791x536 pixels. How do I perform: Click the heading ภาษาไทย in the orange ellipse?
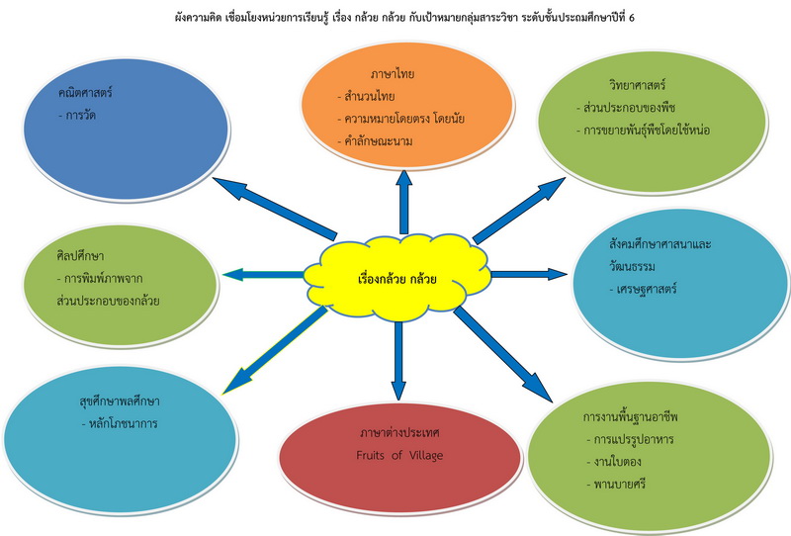tap(392, 73)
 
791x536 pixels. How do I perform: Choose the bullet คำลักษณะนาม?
tap(378, 141)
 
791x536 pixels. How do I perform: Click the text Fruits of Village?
tap(400, 455)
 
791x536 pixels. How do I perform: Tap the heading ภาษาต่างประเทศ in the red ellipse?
tap(399, 433)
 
